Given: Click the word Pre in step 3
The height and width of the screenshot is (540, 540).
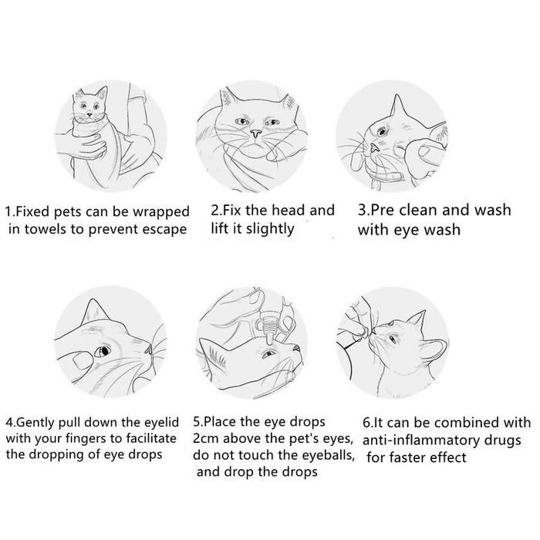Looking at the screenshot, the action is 383,210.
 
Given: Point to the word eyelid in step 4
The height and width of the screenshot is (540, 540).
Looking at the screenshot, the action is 161,423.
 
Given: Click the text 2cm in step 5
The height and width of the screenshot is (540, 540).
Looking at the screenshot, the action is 203,439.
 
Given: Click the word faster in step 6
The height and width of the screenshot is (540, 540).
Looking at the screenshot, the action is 406,457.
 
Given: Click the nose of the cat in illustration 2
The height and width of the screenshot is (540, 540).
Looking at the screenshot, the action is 255,133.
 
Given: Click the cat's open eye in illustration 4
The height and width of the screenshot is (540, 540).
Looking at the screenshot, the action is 103,350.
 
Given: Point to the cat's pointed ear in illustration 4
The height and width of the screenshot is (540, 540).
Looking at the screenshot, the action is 93,311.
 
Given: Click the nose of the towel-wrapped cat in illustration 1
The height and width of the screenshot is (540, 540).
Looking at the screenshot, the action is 89,114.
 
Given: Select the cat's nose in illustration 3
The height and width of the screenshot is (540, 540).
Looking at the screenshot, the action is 374,148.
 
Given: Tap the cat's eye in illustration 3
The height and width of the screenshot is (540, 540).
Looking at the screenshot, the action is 382,132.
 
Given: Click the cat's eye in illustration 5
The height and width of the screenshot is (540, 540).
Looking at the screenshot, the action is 268,353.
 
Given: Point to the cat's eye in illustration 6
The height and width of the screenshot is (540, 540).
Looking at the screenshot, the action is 392,339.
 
